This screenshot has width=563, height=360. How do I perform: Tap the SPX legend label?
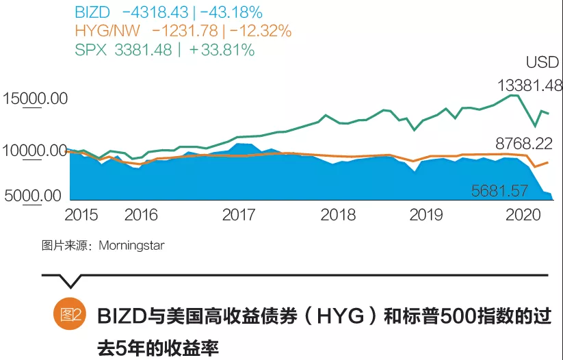tap(89, 50)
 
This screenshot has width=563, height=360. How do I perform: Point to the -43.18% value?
tap(233, 12)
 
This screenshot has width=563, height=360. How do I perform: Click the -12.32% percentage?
tap(260, 31)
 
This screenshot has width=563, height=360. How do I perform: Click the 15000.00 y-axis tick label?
tap(36, 99)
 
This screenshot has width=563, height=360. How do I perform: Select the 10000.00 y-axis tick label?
tap(36, 151)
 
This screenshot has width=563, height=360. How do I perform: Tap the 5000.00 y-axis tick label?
tap(33, 196)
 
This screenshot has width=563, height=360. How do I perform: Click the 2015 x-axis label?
tap(81, 215)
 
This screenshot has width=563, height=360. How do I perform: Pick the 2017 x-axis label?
tap(239, 215)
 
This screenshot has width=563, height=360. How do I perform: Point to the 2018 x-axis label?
tap(339, 215)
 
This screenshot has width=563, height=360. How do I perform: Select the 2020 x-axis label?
tap(523, 215)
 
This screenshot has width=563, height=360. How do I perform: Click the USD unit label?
tap(542, 63)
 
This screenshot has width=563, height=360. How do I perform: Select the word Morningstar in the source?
tap(131, 245)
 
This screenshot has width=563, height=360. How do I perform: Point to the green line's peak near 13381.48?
tap(513, 96)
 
